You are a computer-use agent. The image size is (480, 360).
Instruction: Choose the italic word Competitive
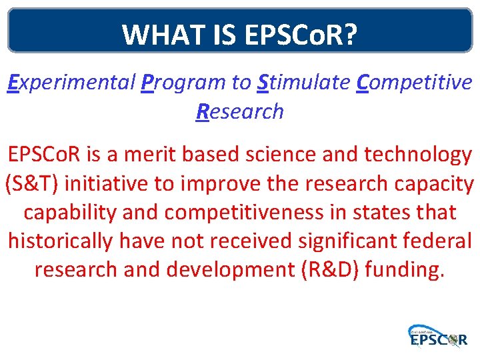(414, 83)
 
